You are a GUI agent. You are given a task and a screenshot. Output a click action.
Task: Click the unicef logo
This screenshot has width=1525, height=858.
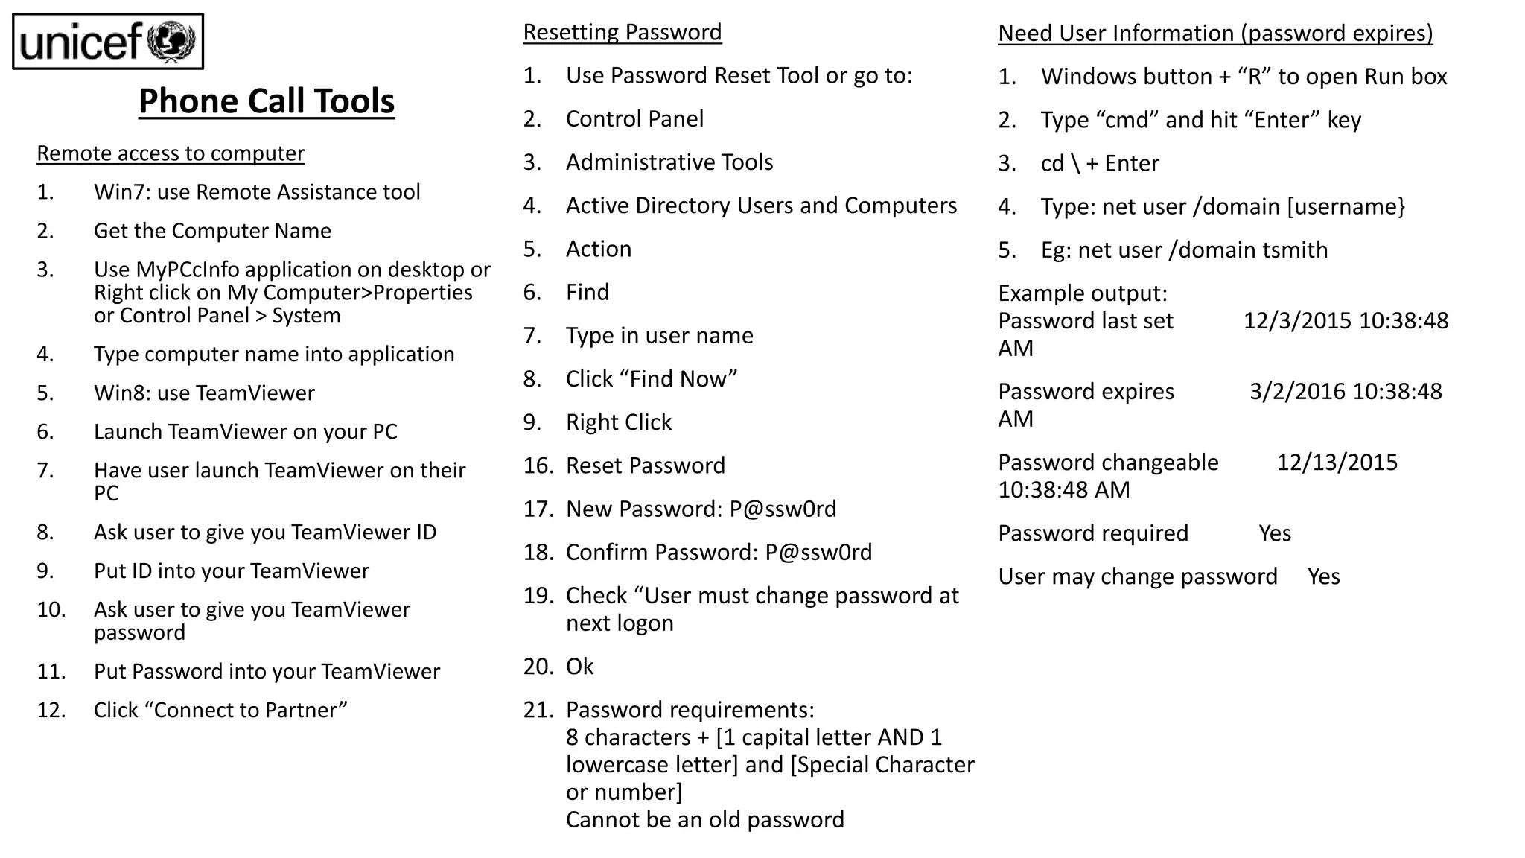108,42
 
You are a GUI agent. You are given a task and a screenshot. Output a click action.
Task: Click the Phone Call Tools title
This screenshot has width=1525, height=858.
267,101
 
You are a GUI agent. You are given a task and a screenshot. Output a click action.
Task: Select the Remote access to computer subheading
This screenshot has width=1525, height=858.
171,153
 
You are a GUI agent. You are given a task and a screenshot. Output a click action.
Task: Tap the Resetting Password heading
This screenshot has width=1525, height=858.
622,32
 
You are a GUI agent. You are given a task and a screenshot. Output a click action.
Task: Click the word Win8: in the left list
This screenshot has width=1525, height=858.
122,393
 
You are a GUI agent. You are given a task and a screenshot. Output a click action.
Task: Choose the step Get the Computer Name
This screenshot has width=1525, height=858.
212,231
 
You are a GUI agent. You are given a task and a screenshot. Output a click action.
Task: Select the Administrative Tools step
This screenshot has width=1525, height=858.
669,162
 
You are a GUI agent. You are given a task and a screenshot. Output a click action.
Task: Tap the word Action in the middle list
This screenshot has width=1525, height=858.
598,249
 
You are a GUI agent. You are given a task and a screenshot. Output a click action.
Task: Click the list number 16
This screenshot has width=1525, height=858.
538,466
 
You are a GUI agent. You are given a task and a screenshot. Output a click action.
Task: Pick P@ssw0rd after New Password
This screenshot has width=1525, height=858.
783,509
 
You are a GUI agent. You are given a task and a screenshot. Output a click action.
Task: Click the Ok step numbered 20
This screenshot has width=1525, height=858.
579,667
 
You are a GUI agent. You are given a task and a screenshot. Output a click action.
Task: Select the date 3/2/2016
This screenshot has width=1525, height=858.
1297,392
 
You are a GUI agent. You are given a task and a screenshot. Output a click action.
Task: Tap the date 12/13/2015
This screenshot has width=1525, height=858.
1337,463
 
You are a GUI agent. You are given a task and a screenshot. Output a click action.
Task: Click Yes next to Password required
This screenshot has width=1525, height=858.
1275,533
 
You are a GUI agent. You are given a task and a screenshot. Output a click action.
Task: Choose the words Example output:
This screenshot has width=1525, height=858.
1083,293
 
